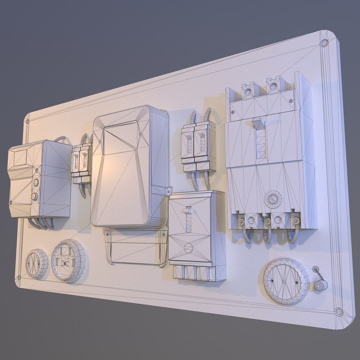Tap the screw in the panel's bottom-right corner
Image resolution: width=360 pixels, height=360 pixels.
tap(338, 312)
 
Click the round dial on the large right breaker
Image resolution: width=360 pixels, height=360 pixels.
tap(273, 200)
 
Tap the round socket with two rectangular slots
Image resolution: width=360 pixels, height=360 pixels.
tap(68, 261)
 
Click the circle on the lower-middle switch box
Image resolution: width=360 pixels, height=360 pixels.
tap(188, 248)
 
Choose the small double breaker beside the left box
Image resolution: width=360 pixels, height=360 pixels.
tap(81, 162)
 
